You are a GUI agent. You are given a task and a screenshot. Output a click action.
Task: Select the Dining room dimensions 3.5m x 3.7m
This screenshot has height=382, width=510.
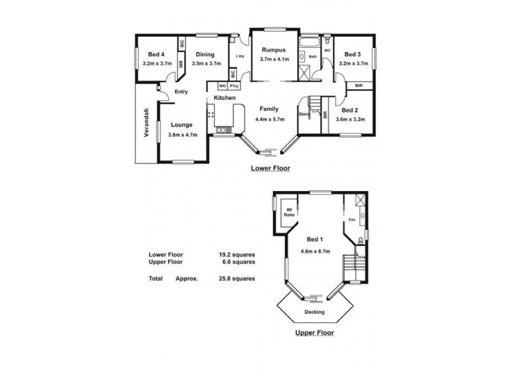pos(207,64)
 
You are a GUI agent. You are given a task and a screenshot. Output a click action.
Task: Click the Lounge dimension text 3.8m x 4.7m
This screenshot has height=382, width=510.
pos(183,134)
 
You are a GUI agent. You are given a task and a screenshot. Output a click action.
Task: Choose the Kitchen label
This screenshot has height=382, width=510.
pos(224,97)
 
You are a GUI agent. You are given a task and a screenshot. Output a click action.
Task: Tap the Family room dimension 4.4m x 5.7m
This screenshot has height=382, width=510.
pos(272,119)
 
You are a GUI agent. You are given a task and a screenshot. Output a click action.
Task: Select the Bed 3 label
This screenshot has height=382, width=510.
pos(351,54)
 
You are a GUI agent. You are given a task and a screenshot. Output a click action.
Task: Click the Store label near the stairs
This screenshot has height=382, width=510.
pos(303,115)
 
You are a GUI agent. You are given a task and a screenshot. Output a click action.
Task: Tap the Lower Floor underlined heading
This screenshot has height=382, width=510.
pos(270,169)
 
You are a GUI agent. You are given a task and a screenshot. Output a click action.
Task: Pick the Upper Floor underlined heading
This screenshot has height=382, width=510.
pos(315,332)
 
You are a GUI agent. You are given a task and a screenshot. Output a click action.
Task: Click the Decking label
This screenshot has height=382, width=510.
pos(315,312)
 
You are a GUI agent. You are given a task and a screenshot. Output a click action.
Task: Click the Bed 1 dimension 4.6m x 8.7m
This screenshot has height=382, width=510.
pos(315,251)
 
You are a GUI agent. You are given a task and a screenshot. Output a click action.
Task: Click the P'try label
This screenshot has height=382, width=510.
pos(235,86)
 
